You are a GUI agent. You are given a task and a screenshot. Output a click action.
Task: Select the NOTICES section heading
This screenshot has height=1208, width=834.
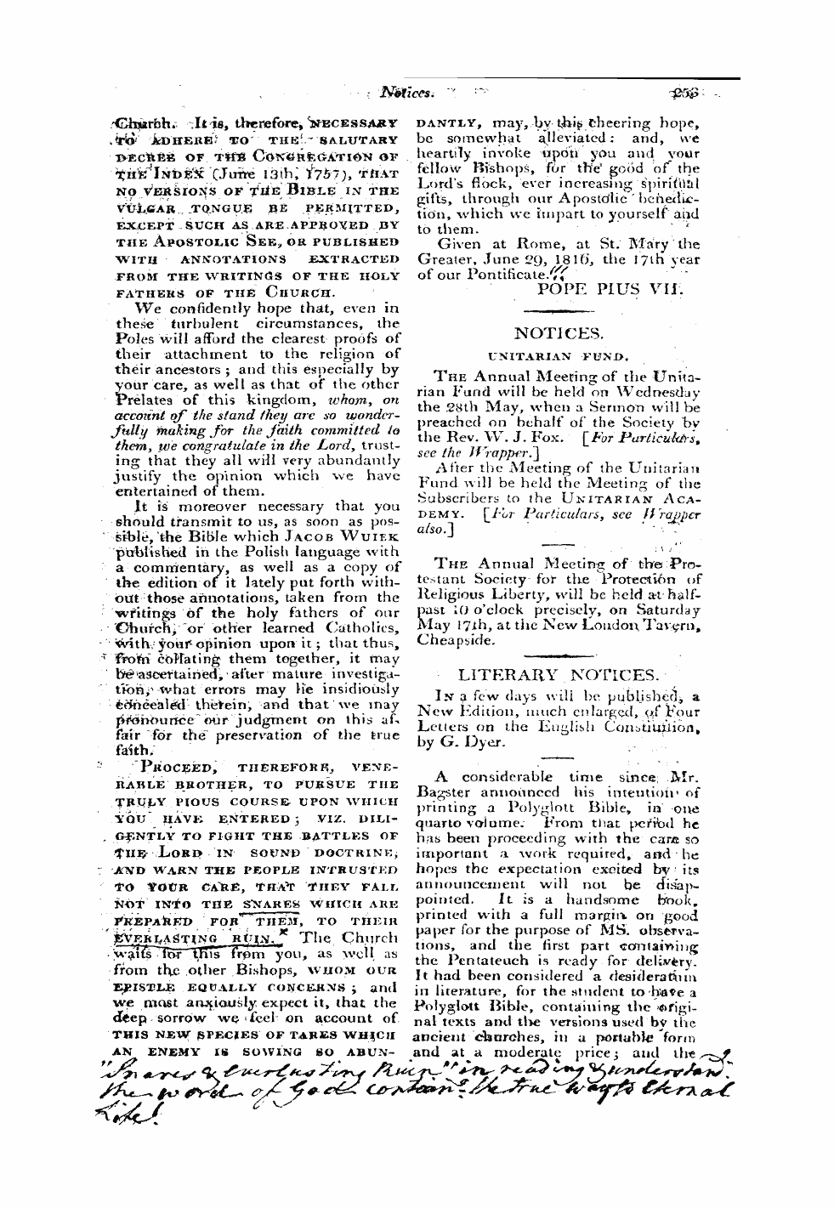click(559, 334)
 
